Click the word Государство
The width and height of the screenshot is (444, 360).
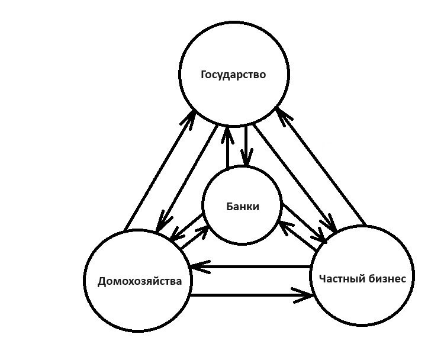pos(233,75)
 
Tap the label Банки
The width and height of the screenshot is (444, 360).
pos(243,207)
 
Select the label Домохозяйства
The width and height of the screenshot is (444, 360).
pos(139,281)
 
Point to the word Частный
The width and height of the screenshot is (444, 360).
pos(339,279)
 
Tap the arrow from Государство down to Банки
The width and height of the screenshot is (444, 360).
pos(244,145)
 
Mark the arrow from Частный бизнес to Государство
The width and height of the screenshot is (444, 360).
pos(323,169)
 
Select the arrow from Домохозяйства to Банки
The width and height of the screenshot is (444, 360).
pos(194,239)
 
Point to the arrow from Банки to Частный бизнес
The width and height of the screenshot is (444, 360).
pos(304,223)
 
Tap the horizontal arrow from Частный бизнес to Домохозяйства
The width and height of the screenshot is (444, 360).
pos(249,268)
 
